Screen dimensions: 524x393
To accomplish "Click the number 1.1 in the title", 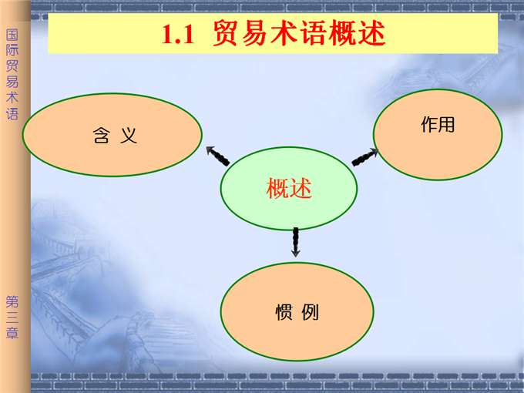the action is tap(178, 35).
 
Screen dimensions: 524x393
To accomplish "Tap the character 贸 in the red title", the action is tap(227, 32).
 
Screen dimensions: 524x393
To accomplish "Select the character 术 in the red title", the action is tap(284, 32).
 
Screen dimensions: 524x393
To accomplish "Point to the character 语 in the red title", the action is tap(313, 32).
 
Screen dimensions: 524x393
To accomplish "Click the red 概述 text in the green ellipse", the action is tap(289, 188).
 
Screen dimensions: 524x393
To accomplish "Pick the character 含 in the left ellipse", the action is tap(101, 136).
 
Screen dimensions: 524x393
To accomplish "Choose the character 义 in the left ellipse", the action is tap(129, 136).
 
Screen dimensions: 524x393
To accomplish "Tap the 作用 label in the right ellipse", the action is tap(438, 125).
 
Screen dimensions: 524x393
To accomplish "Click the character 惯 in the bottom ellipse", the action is tap(284, 312).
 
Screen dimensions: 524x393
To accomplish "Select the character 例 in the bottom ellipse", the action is tap(310, 312).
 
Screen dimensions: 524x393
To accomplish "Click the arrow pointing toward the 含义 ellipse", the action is tap(217, 156).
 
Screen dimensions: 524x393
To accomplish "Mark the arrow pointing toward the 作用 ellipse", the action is tap(365, 157).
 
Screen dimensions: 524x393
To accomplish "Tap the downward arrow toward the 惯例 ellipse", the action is tap(296, 242).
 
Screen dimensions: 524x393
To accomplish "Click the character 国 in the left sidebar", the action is tap(12, 35).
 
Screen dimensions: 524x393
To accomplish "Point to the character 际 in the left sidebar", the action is tap(12, 50).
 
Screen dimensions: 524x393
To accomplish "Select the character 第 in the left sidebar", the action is tap(12, 302).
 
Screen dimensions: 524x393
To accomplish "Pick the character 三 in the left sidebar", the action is tap(12, 317).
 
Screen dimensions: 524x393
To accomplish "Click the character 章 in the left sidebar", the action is tap(12, 333).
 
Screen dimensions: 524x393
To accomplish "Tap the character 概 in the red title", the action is tap(343, 32).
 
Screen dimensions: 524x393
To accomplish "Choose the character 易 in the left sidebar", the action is tap(12, 82).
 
